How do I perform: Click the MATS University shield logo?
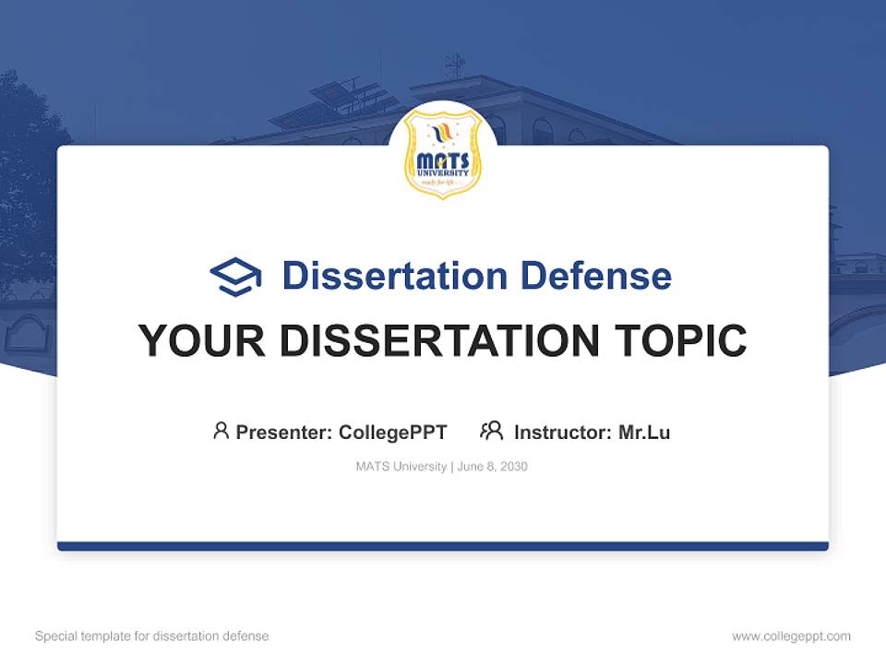(443, 152)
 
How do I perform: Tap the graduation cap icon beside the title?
(235, 277)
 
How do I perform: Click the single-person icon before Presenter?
(221, 431)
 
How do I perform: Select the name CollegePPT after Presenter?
(393, 432)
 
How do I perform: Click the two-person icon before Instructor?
(492, 431)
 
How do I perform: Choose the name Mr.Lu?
(644, 432)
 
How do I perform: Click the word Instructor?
(562, 432)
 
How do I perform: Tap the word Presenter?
(284, 432)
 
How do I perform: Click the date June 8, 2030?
(493, 467)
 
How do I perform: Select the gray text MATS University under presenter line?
(401, 467)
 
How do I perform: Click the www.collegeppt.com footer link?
(791, 636)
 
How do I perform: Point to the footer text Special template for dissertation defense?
(152, 636)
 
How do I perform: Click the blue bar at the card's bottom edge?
(443, 546)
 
